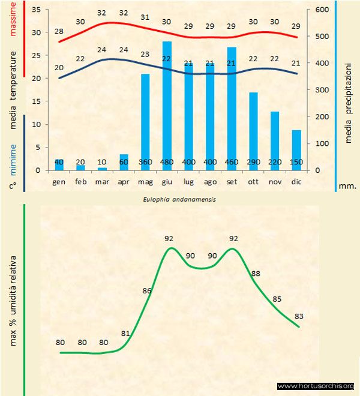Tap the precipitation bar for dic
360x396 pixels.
(x=296, y=150)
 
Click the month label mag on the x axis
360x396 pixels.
(x=145, y=181)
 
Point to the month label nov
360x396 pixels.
(x=275, y=181)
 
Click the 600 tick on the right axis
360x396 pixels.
(x=322, y=10)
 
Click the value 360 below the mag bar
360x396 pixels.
(x=145, y=163)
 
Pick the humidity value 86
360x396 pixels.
(x=148, y=290)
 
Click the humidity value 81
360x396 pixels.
(x=125, y=334)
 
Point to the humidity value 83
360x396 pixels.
(x=300, y=316)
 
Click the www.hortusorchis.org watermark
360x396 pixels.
(x=317, y=386)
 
